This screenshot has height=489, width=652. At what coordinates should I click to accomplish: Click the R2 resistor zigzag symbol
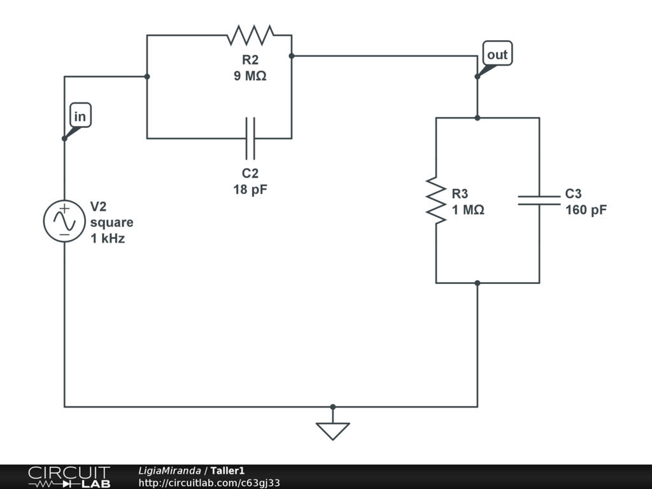click(x=250, y=36)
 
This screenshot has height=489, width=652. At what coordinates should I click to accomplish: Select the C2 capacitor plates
click(x=250, y=138)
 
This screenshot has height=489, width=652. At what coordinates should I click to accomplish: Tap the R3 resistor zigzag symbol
click(x=436, y=200)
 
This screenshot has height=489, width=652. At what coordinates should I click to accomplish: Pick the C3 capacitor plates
click(x=539, y=200)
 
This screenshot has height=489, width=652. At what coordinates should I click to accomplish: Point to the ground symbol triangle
click(x=332, y=431)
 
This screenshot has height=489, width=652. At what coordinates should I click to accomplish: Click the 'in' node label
click(x=80, y=117)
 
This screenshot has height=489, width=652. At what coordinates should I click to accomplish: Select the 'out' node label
click(x=497, y=55)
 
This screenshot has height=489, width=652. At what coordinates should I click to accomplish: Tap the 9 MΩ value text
click(x=250, y=76)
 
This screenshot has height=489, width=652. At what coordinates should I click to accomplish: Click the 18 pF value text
click(x=250, y=189)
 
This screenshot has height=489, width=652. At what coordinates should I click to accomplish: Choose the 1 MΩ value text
click(x=468, y=209)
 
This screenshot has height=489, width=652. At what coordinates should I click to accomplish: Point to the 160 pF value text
click(x=586, y=209)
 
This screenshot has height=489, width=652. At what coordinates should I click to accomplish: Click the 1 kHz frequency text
click(x=108, y=239)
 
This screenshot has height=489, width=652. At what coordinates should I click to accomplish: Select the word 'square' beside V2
click(x=112, y=223)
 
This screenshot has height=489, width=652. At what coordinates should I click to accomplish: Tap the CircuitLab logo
click(x=69, y=477)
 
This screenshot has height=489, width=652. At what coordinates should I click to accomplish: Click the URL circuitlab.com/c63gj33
click(x=209, y=483)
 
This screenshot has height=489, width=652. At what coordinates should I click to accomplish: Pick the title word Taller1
click(x=227, y=471)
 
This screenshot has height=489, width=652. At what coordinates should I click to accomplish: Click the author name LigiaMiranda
click(x=169, y=471)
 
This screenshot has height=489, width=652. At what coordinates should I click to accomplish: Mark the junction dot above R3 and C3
click(x=478, y=118)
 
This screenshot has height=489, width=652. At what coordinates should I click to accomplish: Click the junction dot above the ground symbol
click(x=332, y=406)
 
